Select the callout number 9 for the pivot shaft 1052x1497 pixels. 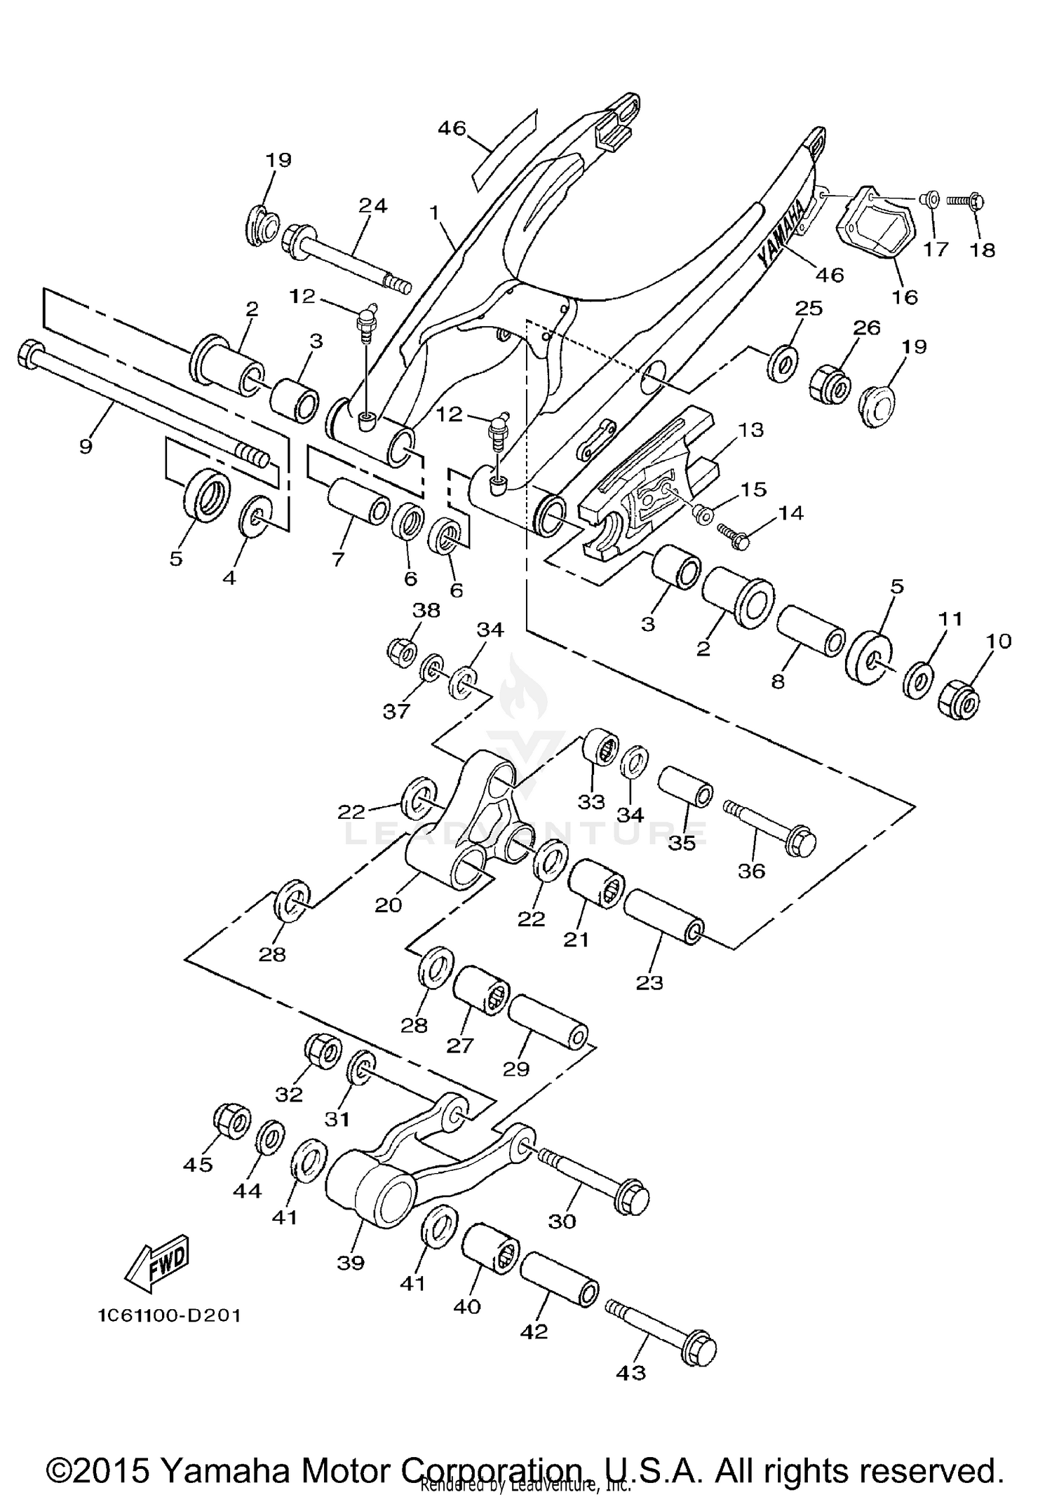coord(86,446)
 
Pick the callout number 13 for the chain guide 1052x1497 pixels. coord(750,430)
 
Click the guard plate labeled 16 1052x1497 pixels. coord(870,228)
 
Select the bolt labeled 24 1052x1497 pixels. coord(344,259)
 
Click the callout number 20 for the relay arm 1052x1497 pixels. coord(388,905)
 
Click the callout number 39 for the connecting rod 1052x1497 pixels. coord(351,1262)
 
